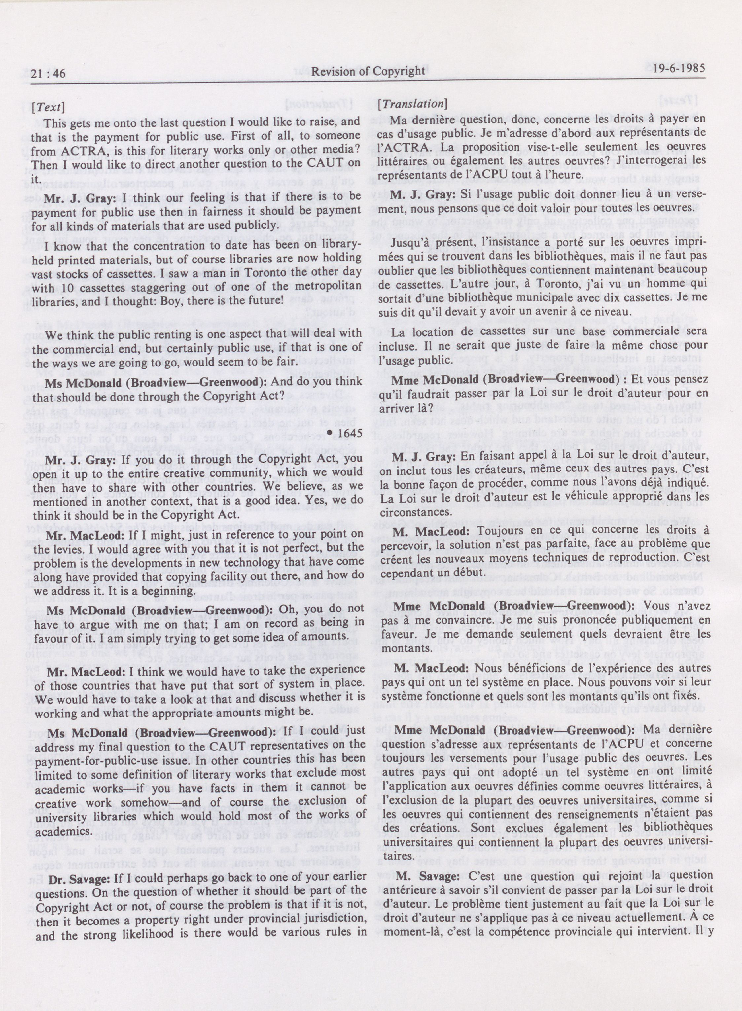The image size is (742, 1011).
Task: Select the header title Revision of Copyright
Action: (x=368, y=71)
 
